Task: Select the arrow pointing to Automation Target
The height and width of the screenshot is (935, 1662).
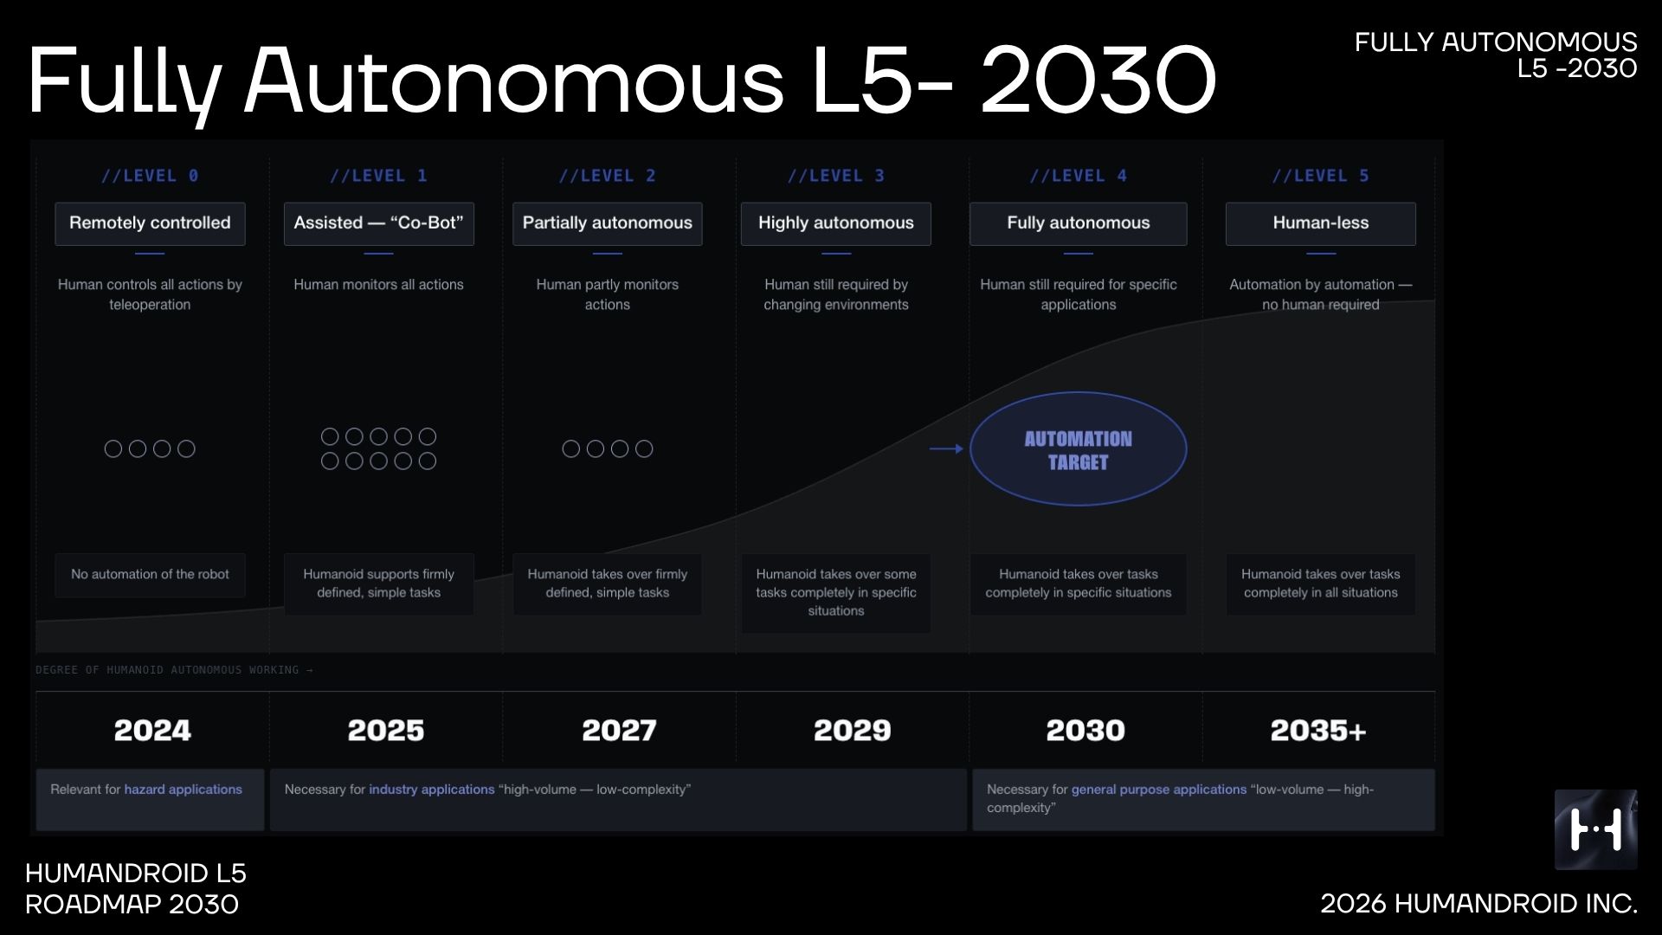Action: (x=946, y=448)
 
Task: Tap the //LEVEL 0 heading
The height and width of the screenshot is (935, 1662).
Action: (x=150, y=176)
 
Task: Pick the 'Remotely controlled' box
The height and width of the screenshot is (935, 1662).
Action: (x=150, y=223)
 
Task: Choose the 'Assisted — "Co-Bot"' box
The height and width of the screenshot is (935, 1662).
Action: (x=378, y=223)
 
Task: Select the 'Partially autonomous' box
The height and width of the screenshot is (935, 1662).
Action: (x=608, y=223)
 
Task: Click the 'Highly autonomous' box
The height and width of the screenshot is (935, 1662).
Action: (x=836, y=223)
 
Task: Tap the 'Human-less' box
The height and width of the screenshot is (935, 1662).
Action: (x=1321, y=223)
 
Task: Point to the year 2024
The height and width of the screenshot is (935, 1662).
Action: (x=152, y=731)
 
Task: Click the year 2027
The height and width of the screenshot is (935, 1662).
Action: (x=619, y=731)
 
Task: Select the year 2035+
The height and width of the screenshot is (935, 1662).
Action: (x=1318, y=731)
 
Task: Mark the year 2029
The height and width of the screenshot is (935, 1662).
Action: (x=853, y=731)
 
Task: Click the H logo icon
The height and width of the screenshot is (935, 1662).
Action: (x=1595, y=829)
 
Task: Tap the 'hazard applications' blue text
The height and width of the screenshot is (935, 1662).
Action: (x=183, y=790)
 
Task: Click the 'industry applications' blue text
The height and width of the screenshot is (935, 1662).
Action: (x=432, y=790)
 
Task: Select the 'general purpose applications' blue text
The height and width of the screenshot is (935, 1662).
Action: (x=1159, y=790)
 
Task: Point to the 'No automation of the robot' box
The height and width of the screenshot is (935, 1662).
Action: (x=150, y=575)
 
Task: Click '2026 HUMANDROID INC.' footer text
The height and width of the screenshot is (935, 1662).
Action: (x=1478, y=904)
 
